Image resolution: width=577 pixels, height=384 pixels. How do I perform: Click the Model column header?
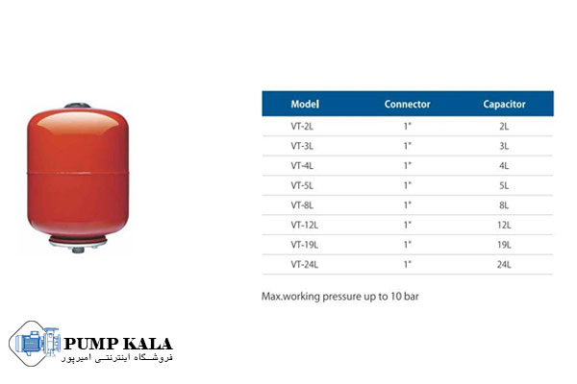(x=305, y=104)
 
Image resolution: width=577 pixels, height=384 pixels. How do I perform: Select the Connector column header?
(x=408, y=104)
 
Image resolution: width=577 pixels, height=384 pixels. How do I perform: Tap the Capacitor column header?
(x=504, y=105)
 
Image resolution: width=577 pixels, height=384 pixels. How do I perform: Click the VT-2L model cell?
(x=302, y=127)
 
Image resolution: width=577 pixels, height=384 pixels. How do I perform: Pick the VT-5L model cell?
(x=302, y=185)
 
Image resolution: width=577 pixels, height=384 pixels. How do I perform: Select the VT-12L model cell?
(x=305, y=225)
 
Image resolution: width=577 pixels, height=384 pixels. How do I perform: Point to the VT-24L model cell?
(x=305, y=265)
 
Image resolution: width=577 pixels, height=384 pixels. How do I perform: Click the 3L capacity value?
(x=504, y=146)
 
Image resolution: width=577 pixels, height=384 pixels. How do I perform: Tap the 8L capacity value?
(x=504, y=205)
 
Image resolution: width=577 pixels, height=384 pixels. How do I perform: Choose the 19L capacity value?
(x=504, y=245)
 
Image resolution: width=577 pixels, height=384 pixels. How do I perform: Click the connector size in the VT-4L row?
(x=408, y=166)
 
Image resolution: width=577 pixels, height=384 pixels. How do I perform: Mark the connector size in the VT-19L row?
(x=408, y=245)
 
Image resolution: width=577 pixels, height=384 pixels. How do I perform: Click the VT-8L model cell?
(x=302, y=205)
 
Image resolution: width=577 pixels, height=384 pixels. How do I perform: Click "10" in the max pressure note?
(x=396, y=297)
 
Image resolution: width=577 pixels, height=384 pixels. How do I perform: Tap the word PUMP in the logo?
(x=91, y=344)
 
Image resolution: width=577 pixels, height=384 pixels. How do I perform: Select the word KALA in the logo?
(x=147, y=344)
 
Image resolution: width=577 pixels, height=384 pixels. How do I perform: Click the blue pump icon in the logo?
(x=37, y=343)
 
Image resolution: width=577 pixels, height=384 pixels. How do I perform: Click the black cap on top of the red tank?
(x=78, y=106)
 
